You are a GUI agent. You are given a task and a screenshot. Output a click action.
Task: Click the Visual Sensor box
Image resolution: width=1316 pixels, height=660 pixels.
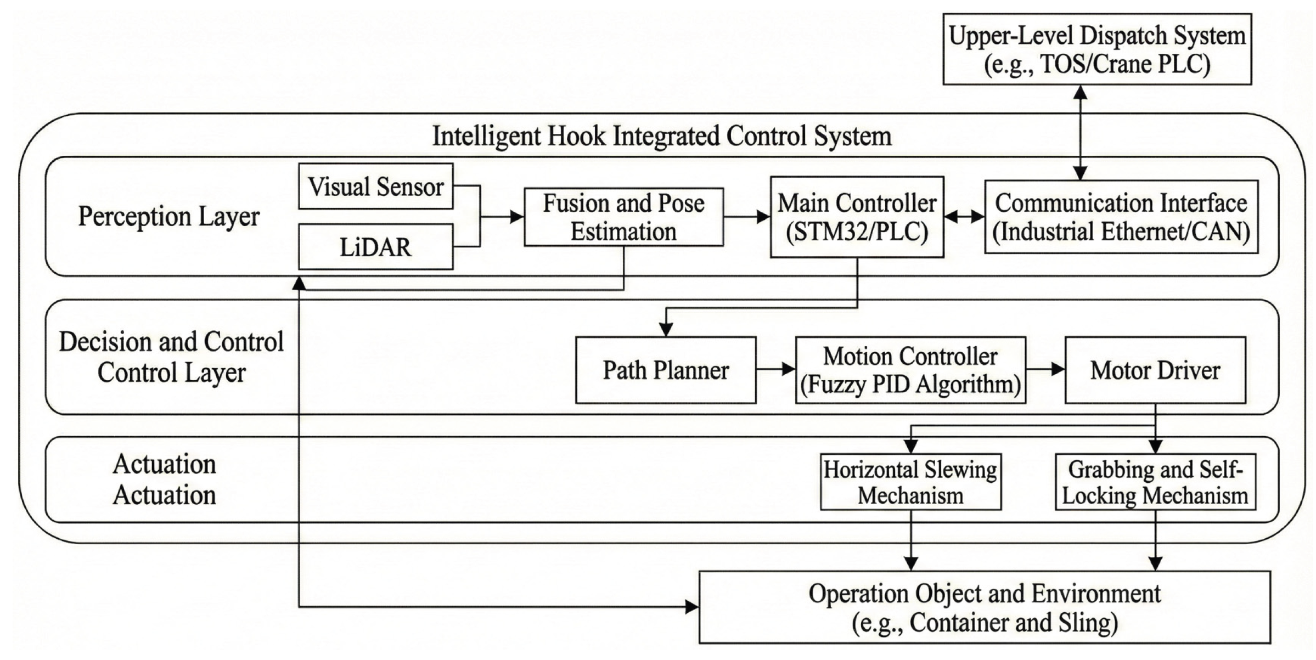click(x=376, y=187)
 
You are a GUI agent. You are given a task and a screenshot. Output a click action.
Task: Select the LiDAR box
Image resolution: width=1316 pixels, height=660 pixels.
click(x=376, y=247)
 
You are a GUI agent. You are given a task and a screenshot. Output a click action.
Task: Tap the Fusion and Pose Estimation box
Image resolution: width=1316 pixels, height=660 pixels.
click(x=623, y=217)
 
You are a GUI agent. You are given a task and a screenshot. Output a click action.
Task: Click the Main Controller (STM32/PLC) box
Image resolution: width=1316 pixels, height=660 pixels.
click(x=857, y=217)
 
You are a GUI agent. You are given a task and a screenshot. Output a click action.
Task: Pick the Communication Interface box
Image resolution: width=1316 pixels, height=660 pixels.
click(x=1121, y=217)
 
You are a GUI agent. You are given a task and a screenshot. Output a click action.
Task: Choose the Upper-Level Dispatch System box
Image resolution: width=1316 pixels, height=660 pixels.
click(x=1096, y=49)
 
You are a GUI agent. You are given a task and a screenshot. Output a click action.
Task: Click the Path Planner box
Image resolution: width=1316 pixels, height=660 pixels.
click(x=666, y=370)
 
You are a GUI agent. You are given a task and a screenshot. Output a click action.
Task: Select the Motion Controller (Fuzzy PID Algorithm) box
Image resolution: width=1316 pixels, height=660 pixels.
click(x=910, y=370)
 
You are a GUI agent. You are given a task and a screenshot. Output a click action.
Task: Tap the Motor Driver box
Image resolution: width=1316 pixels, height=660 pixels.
click(x=1155, y=370)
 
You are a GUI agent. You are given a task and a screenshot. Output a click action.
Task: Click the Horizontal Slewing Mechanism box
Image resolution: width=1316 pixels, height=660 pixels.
click(x=910, y=482)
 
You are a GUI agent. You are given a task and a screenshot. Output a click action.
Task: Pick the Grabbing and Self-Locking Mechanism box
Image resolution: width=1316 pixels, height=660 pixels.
click(x=1155, y=482)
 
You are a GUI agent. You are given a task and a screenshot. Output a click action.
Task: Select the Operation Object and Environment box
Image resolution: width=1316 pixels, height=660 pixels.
click(x=985, y=607)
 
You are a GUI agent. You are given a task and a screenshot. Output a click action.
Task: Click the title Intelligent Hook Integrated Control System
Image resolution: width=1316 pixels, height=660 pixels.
click(x=662, y=136)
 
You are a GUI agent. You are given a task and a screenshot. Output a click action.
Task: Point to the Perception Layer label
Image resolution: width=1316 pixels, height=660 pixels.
click(x=168, y=216)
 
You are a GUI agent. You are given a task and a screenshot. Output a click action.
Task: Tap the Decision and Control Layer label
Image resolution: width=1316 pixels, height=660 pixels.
click(x=171, y=357)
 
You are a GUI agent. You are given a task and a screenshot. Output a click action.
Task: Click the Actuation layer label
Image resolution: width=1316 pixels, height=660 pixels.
click(x=164, y=480)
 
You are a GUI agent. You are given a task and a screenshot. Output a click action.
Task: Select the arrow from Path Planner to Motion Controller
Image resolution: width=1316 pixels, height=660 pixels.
click(x=775, y=369)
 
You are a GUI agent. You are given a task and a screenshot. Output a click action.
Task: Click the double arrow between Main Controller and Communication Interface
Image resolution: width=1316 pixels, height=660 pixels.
click(x=964, y=217)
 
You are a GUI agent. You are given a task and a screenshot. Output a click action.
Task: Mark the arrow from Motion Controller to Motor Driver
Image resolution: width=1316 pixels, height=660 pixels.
click(x=1045, y=369)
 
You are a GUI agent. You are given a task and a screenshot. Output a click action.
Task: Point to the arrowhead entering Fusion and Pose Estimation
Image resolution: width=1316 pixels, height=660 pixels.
click(x=517, y=217)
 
